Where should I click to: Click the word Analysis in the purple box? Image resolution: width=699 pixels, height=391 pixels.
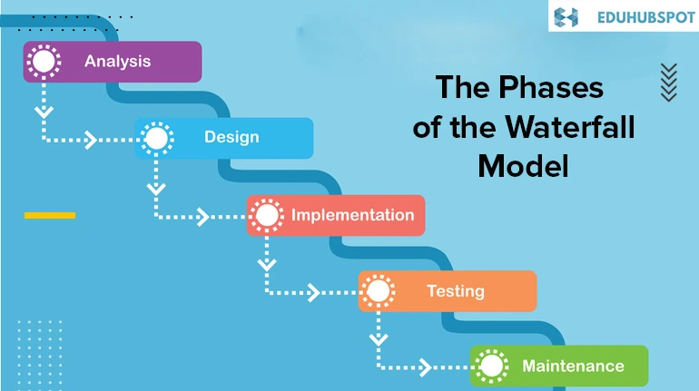(x=118, y=62)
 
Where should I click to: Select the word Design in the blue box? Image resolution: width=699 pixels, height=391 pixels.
(x=231, y=137)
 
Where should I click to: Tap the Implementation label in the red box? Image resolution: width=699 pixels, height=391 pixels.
(x=352, y=216)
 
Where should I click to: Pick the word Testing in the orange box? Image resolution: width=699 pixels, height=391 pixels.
(x=456, y=291)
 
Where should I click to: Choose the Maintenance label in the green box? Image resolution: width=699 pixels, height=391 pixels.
(x=573, y=367)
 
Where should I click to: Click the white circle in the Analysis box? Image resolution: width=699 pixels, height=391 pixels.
(x=44, y=62)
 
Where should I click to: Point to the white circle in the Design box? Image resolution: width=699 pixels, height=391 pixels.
(x=157, y=139)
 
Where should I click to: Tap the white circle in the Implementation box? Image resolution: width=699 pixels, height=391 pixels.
(x=267, y=216)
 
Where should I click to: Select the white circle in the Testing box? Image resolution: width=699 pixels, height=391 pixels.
(x=378, y=291)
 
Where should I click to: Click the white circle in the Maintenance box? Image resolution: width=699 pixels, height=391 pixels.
(x=491, y=367)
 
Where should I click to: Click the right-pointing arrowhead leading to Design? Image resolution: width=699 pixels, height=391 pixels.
(x=91, y=140)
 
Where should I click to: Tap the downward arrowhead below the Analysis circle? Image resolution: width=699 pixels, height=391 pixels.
(x=44, y=112)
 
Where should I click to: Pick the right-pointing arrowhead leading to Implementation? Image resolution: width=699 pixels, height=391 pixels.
(x=203, y=217)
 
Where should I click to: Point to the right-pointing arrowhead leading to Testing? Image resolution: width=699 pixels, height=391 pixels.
(x=314, y=293)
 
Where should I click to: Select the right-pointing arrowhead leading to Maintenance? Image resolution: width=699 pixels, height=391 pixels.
(x=425, y=367)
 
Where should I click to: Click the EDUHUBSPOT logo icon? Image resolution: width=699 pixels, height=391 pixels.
(x=566, y=17)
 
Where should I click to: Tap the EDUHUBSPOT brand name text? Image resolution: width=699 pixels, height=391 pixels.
(x=646, y=17)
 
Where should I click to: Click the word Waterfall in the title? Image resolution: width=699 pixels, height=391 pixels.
(x=570, y=127)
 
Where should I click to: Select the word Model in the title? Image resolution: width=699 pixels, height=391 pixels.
(x=524, y=166)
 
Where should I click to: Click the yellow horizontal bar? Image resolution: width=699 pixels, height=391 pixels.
(x=50, y=216)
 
